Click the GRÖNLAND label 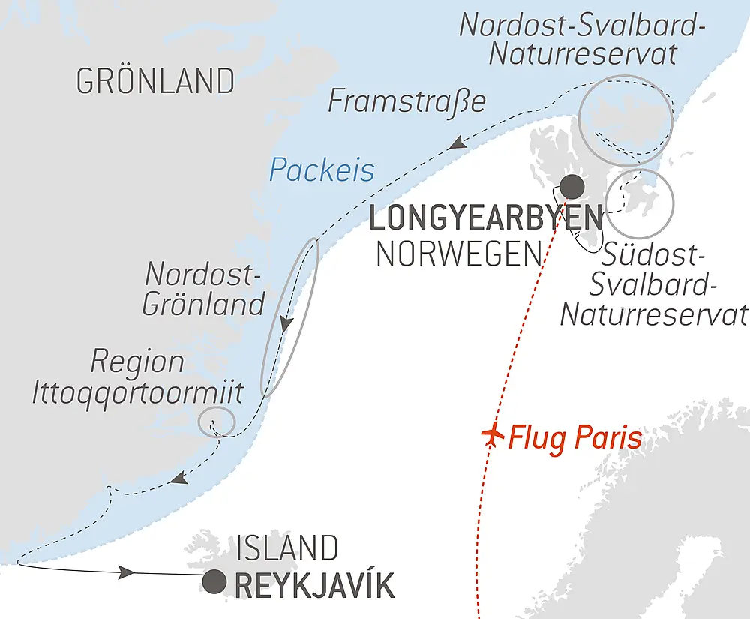pos(155,81)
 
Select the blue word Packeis pos(322,171)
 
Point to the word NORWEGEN pos(458,255)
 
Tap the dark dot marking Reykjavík pos(215,581)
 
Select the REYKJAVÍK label pos(314,586)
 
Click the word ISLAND pos(286,548)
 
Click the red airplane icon pos(492,436)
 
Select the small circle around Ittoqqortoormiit pos(217,422)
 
